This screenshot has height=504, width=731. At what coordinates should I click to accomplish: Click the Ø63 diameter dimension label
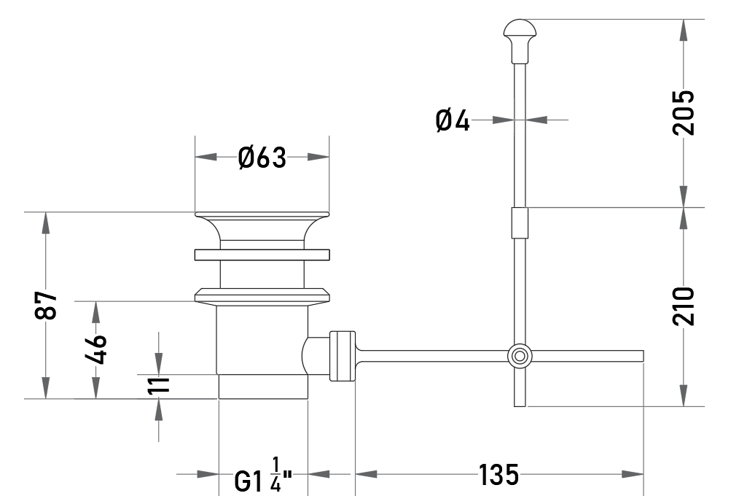coord(262,158)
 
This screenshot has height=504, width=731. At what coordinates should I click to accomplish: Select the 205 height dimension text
coord(683,112)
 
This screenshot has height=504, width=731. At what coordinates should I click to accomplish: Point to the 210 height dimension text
coord(683,306)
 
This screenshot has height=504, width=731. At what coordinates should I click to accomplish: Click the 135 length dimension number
coord(499,475)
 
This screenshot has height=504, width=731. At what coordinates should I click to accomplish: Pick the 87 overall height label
coord(46,305)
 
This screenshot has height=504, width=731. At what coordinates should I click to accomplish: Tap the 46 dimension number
coord(95,349)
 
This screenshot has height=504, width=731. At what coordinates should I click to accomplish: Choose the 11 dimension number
coord(158,385)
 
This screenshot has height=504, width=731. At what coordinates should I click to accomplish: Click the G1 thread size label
coord(249,481)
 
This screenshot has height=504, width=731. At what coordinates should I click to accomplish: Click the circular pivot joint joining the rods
coord(520,356)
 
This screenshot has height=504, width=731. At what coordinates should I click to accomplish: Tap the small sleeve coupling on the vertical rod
coord(520,223)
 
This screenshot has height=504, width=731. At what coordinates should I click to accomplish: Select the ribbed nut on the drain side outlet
coord(343,356)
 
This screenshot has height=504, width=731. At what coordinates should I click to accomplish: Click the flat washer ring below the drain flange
coord(262,255)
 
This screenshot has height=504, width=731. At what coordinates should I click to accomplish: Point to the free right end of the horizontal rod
coord(643,356)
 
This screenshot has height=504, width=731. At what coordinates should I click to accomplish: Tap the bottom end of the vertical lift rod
coord(520,406)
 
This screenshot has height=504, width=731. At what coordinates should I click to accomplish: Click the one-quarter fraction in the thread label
coord(275,475)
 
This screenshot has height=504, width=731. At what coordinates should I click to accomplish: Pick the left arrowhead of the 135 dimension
coord(366,475)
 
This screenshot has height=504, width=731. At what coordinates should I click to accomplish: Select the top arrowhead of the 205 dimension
coord(683,30)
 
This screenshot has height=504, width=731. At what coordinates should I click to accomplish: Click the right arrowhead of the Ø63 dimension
coord(318,158)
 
